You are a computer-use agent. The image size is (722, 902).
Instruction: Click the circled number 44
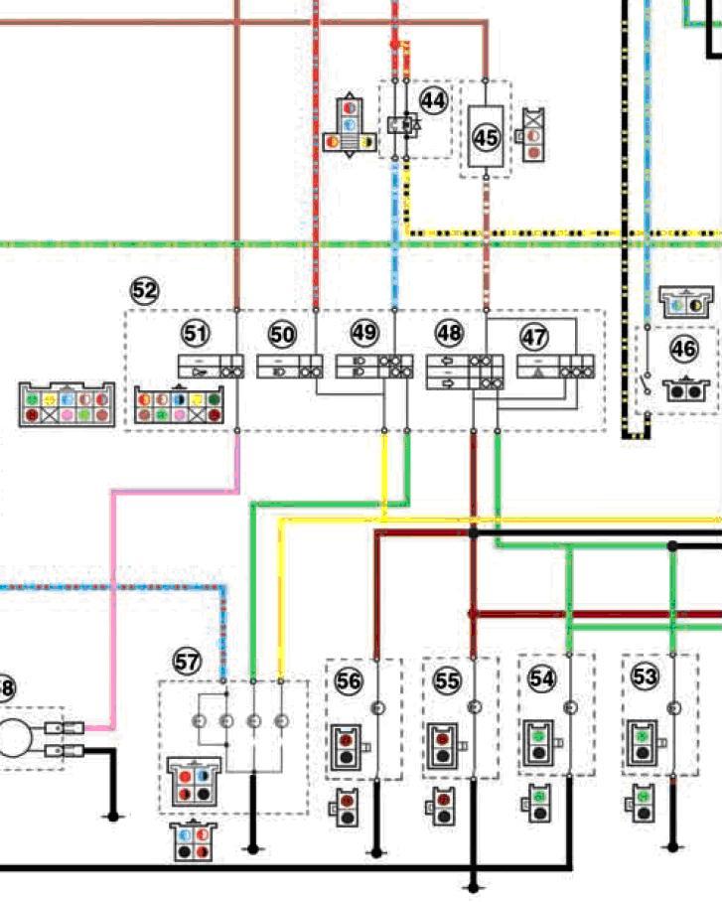coord(433,100)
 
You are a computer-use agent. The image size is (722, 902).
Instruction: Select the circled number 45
coord(486,137)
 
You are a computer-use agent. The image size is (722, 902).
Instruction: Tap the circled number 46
coord(683,349)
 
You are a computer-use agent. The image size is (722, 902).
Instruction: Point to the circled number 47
coord(534,337)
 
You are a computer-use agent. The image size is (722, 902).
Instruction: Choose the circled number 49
coord(364,334)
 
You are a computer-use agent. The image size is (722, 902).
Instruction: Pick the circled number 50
coord(282,334)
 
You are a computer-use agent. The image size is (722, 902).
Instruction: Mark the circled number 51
coord(196,334)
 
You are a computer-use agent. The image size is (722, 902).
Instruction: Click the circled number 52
coord(145,290)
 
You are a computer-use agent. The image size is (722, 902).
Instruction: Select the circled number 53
coord(645,676)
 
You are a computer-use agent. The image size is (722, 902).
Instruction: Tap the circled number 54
coord(541,678)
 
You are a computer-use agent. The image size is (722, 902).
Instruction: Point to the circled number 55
coord(448,680)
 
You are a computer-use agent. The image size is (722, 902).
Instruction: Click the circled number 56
coord(348,680)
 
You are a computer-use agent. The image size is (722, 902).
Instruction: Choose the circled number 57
coord(187,661)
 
